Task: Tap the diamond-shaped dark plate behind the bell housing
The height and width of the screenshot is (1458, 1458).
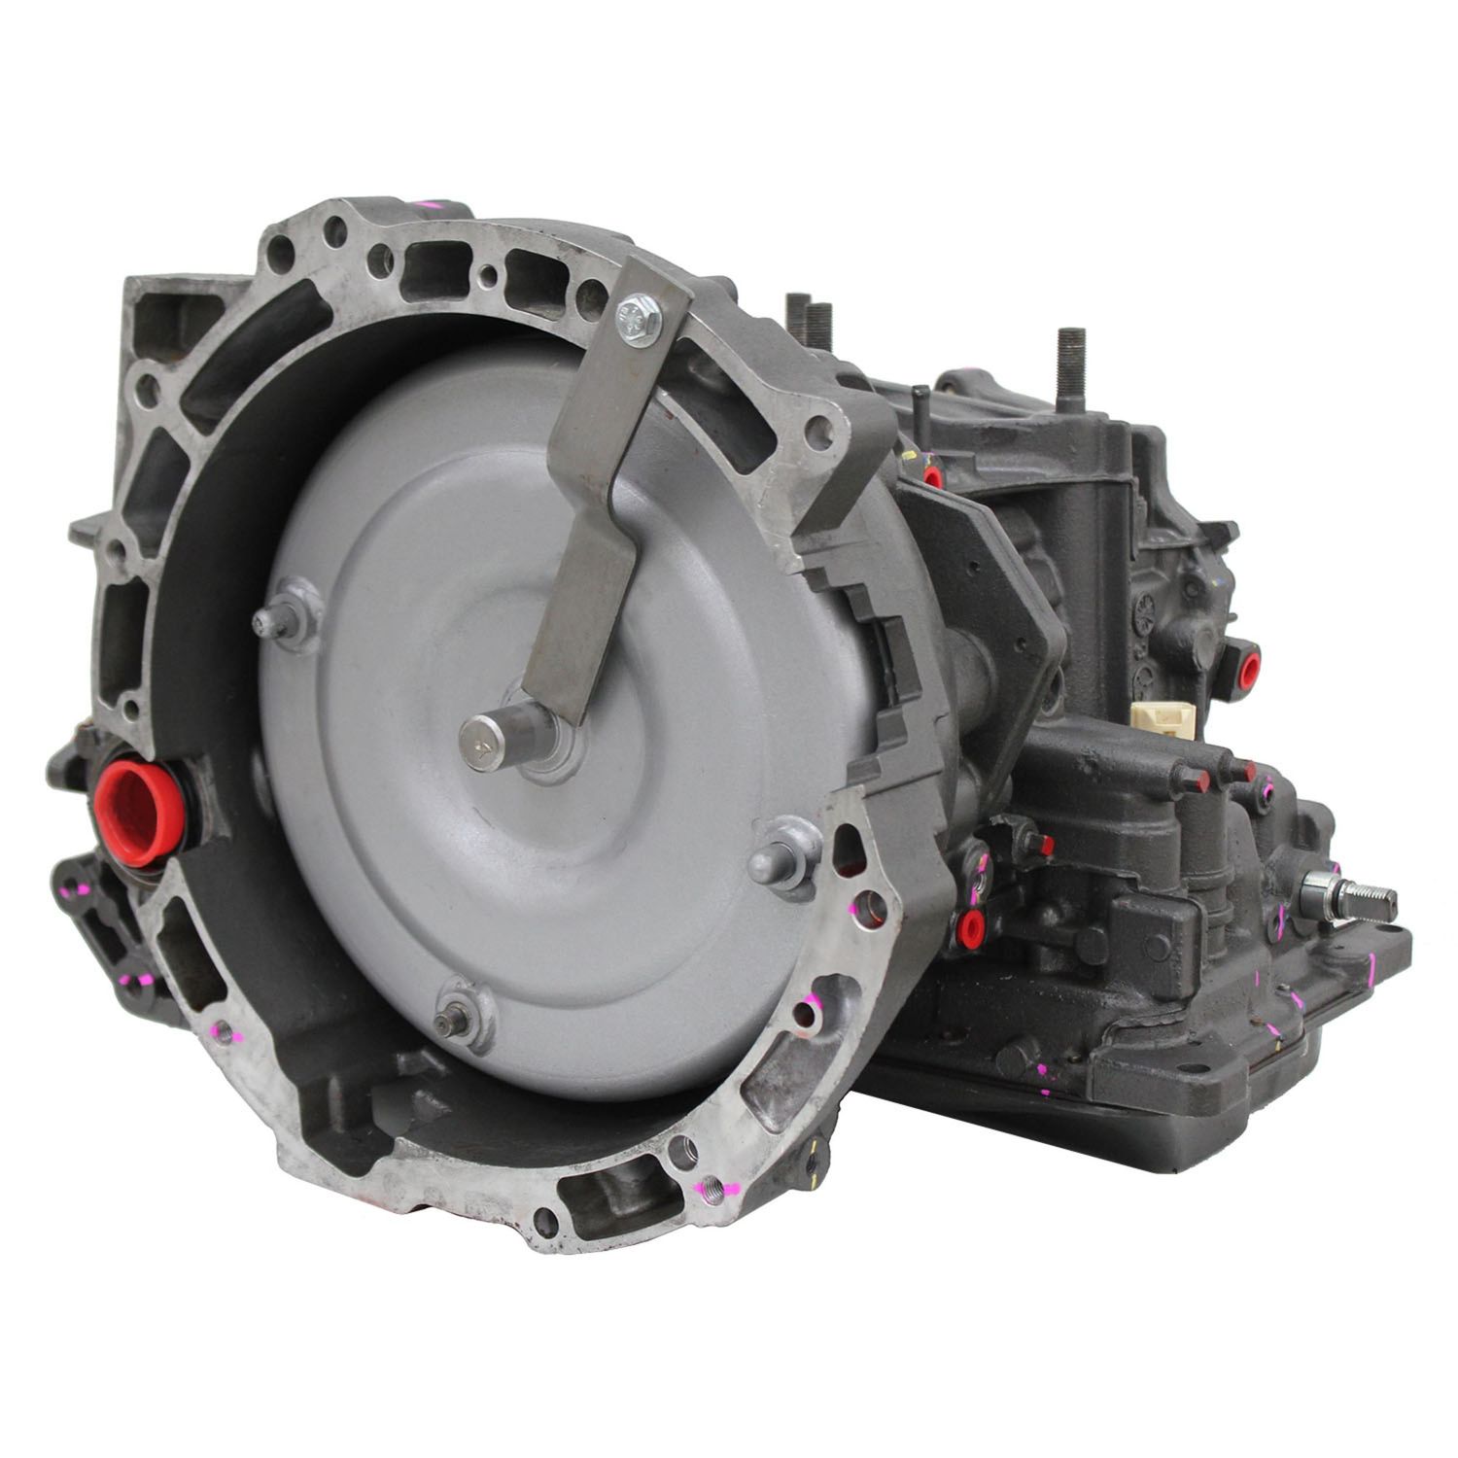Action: pos(982,583)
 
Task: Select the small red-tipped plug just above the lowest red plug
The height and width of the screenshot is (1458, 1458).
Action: pos(1045,846)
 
